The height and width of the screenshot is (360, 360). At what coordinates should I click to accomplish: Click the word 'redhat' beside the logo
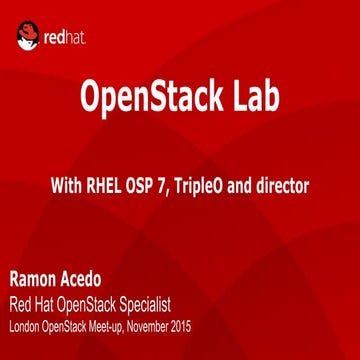tap(66, 39)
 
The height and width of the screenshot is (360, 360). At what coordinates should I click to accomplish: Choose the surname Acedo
tap(91, 277)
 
